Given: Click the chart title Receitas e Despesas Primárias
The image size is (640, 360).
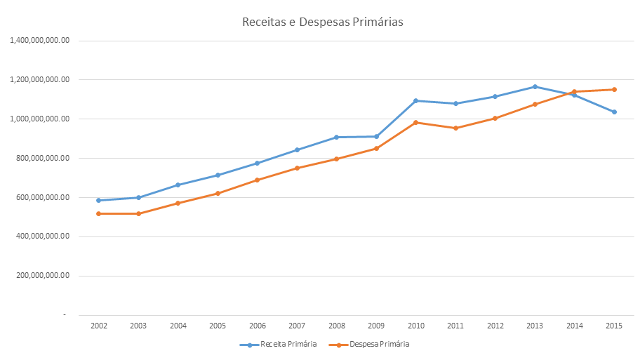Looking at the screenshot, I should point(322,22).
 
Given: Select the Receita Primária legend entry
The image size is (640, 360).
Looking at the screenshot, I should point(288,345).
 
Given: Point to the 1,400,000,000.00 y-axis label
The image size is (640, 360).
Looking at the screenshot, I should point(39,41).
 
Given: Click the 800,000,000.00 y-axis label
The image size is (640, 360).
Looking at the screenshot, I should point(41,159).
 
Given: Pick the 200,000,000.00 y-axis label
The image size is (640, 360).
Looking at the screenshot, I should point(41,276).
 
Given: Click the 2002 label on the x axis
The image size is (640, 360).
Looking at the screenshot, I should point(98,326).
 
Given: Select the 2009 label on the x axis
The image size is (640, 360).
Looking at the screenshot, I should point(376,326).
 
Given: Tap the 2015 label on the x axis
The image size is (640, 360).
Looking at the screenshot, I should point(614,326).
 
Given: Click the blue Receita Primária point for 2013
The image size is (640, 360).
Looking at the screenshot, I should point(535,87).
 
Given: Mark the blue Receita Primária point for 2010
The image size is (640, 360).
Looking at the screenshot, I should point(415,100).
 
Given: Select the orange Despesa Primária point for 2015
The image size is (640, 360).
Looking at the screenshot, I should point(614,89).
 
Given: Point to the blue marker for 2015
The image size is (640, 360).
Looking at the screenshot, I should point(614,112).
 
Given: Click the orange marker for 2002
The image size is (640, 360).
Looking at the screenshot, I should point(98,213).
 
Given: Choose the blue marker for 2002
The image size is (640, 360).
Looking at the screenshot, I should point(98,200).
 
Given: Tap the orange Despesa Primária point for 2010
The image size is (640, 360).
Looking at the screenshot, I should point(415,122).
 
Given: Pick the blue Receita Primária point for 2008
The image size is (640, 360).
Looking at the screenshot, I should point(336,137).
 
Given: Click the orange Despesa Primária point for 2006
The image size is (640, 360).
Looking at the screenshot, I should point(257,180).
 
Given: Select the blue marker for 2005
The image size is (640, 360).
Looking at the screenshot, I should point(218,175).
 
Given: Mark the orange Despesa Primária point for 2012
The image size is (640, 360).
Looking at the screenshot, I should point(495,118).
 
